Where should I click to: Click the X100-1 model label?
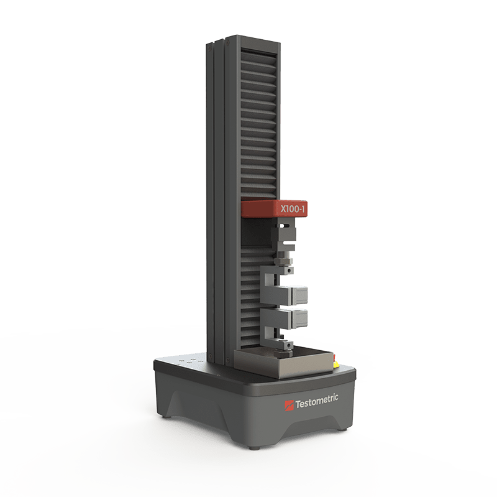[292, 209]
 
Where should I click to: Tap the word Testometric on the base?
[317, 401]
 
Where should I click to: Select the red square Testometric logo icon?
[289, 406]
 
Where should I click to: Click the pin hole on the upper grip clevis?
[289, 271]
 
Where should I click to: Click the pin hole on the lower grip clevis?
[289, 344]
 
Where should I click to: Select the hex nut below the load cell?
[282, 261]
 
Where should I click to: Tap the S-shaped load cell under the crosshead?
[284, 236]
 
